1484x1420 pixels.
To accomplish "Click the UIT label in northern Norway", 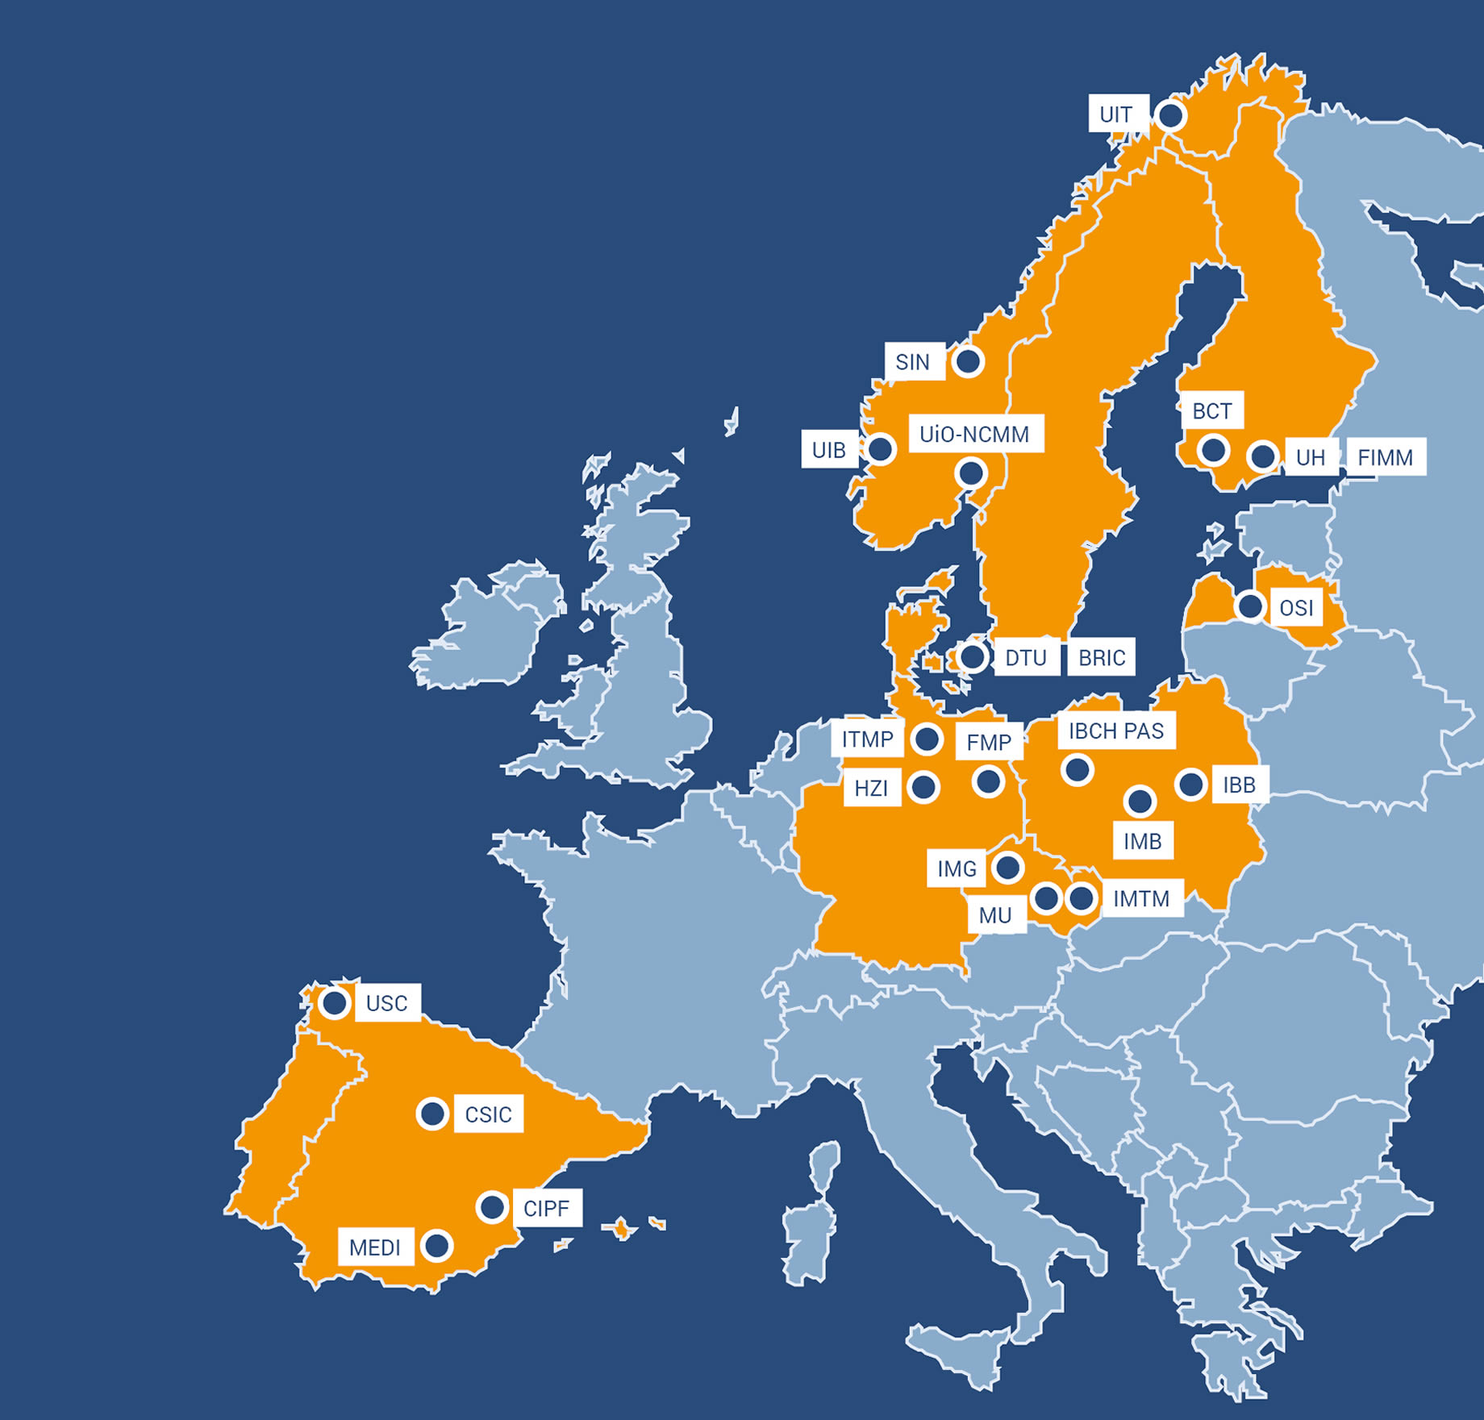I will (x=1117, y=115).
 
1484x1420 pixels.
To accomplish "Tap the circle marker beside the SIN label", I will (x=968, y=361).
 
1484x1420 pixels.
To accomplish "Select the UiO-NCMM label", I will (x=975, y=435).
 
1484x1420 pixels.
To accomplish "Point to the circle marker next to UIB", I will (x=881, y=448).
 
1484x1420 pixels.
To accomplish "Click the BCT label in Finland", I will (x=1211, y=411).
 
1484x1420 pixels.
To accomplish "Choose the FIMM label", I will (x=1385, y=457).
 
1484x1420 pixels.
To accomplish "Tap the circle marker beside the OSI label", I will (x=1250, y=606).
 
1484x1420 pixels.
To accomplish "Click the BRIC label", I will (x=1102, y=658).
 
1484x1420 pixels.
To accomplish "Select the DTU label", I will (x=1025, y=658).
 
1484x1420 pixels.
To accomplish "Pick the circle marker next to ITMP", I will (x=927, y=738).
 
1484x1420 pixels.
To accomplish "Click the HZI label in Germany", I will (x=871, y=788).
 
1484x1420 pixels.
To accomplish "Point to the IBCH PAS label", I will (x=1116, y=731).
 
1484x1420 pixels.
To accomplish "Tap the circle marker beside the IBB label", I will (x=1190, y=784).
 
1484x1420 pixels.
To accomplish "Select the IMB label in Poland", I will (x=1142, y=841).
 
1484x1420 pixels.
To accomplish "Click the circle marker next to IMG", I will (x=1007, y=868).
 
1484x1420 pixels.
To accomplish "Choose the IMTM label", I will (x=1141, y=898).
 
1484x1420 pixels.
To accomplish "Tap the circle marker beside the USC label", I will (x=334, y=1003).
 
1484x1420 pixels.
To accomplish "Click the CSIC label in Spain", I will (x=488, y=1114).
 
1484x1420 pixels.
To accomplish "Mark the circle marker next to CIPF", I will (x=492, y=1207).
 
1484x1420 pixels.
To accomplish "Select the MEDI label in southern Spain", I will (x=375, y=1247).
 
